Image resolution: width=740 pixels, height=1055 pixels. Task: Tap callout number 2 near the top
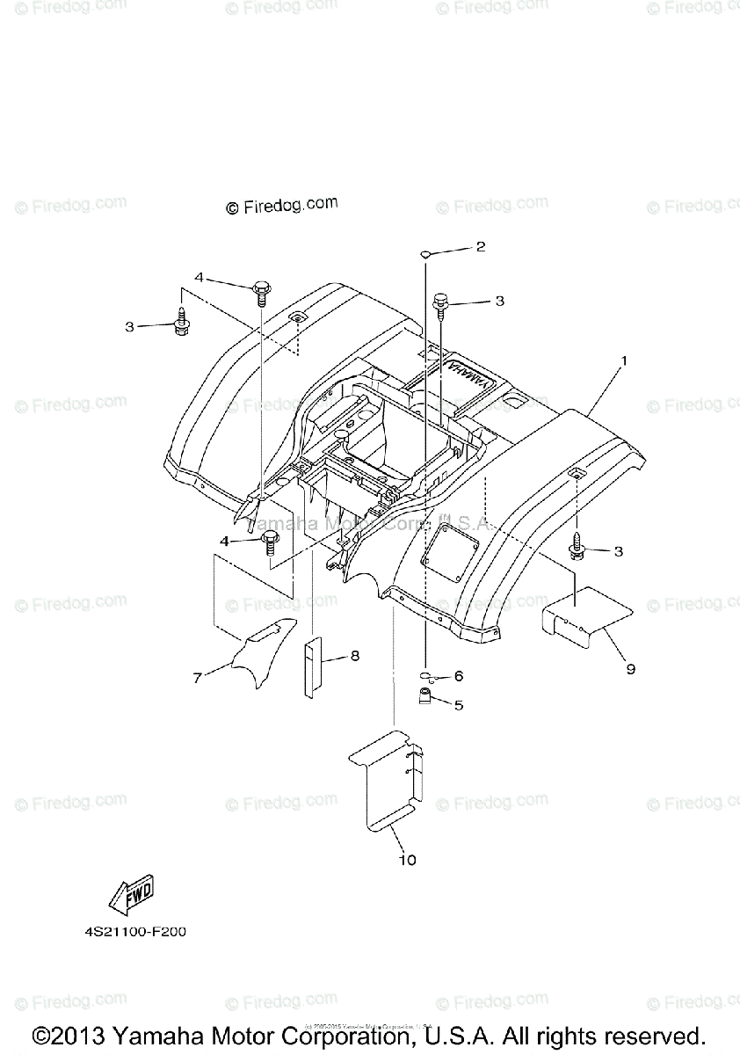click(481, 247)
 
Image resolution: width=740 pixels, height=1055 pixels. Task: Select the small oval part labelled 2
click(424, 253)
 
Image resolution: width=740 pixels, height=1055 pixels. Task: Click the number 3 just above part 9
click(619, 551)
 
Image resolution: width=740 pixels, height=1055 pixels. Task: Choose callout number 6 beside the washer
click(458, 676)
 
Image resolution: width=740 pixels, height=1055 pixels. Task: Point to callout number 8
click(355, 655)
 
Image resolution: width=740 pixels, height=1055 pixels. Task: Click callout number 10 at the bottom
click(408, 859)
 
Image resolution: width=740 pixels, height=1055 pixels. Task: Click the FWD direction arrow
click(130, 896)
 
